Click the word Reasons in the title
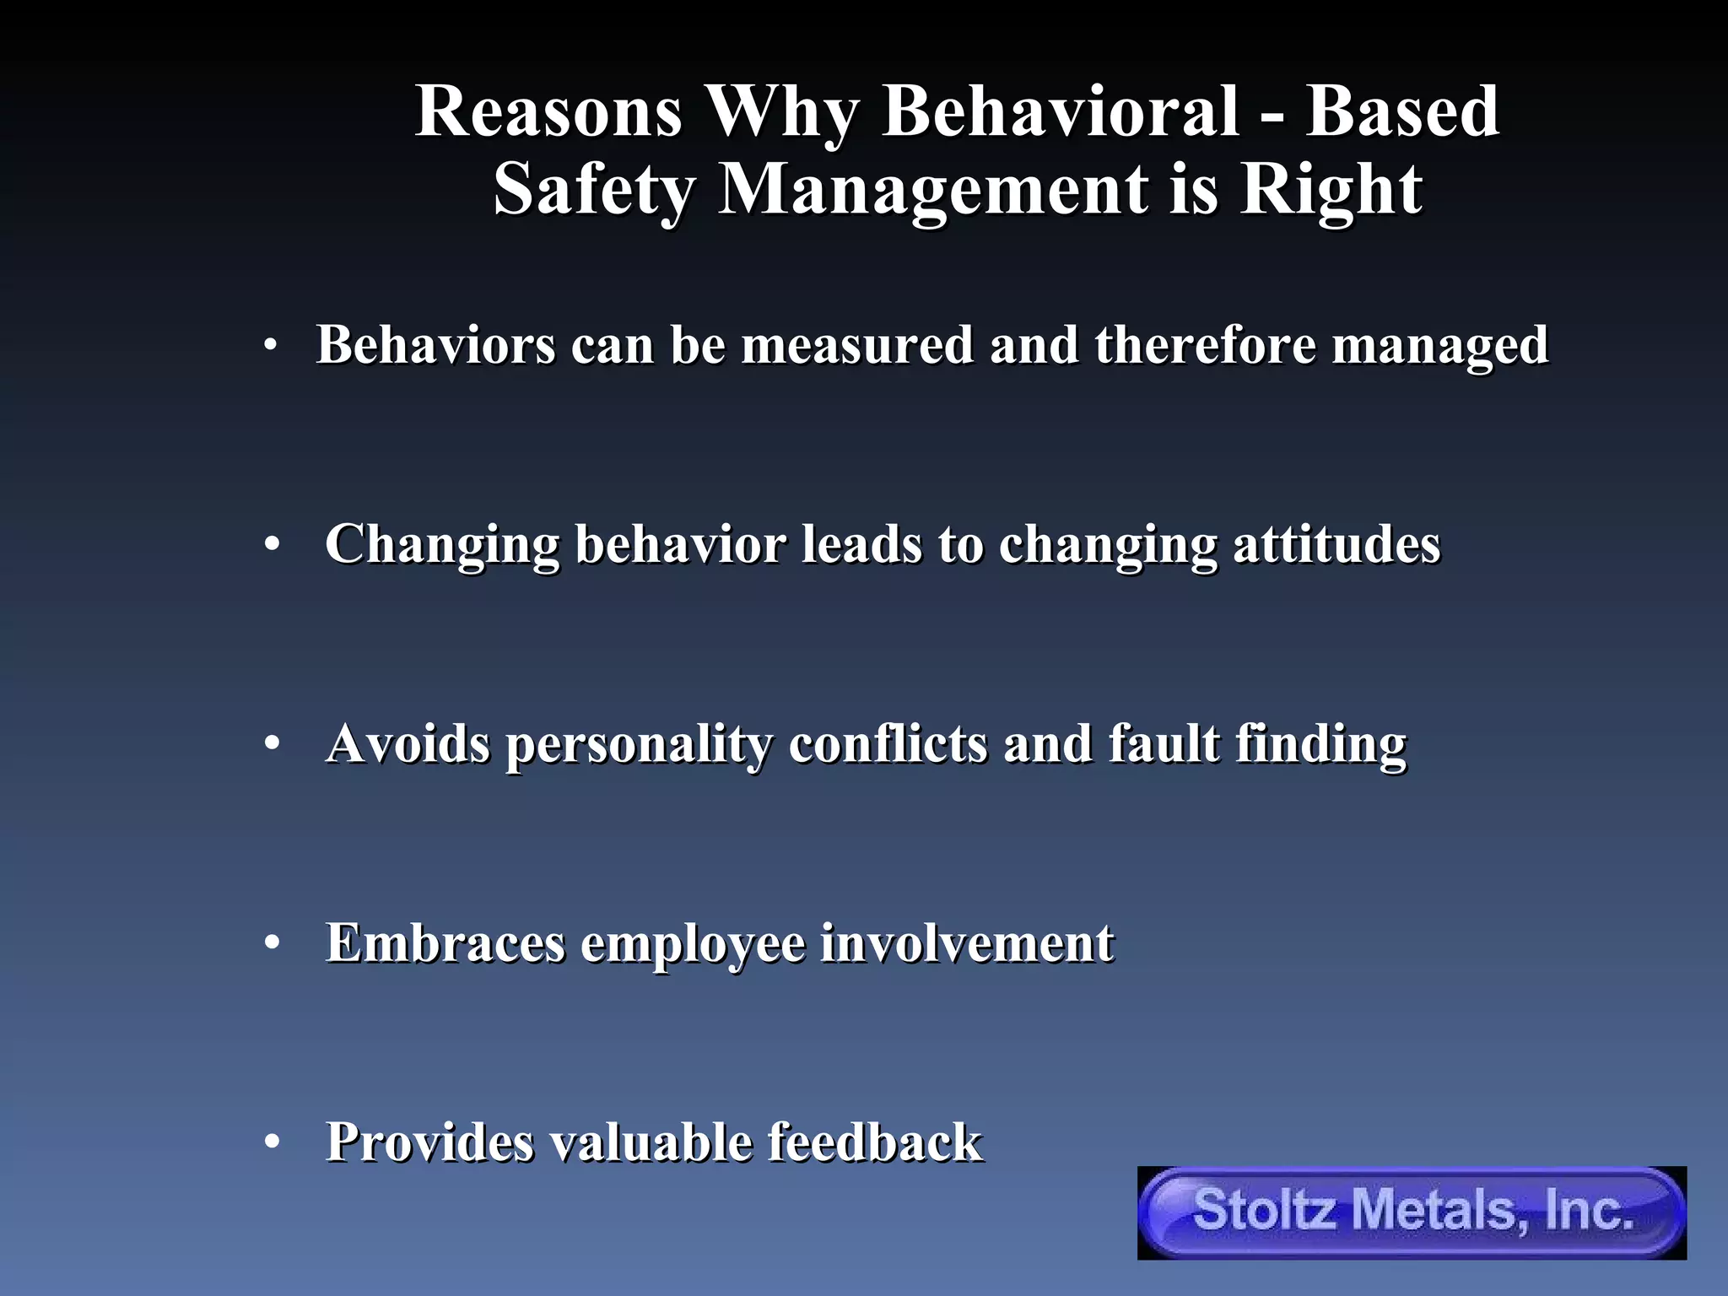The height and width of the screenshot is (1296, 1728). point(548,112)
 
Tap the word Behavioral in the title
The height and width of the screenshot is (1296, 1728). point(1061,112)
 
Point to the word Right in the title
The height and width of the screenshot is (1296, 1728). point(1331,190)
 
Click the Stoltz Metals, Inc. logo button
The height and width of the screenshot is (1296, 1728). point(1412,1212)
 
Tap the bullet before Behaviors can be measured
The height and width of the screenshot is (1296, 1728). point(270,345)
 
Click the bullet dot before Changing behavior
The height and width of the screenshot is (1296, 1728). point(271,545)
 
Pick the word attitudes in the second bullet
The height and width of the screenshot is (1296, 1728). point(1336,544)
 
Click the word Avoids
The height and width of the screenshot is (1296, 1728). point(408,744)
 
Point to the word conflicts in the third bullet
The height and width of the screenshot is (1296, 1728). point(888,744)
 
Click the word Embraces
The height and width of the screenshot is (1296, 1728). point(445,943)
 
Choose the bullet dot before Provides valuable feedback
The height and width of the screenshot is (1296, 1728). point(271,1142)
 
